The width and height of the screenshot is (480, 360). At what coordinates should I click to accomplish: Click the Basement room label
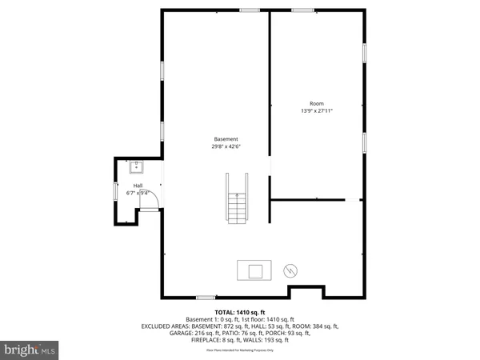click(x=225, y=139)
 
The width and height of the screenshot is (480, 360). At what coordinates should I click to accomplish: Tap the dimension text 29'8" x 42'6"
click(x=225, y=146)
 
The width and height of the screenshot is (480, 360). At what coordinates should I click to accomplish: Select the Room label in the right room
click(x=317, y=104)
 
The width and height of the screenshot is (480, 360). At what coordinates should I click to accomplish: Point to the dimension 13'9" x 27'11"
click(x=317, y=111)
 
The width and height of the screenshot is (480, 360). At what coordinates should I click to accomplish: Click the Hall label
click(x=138, y=186)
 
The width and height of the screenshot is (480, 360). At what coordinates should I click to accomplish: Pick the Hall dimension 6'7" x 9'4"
click(x=138, y=193)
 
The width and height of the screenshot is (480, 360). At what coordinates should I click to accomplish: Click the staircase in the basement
click(x=237, y=210)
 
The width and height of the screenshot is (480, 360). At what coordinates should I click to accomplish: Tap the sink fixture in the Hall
click(x=136, y=168)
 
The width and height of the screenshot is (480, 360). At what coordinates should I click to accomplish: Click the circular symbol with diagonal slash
click(x=291, y=271)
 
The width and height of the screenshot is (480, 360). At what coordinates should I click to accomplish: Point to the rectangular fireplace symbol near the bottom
click(x=255, y=271)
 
